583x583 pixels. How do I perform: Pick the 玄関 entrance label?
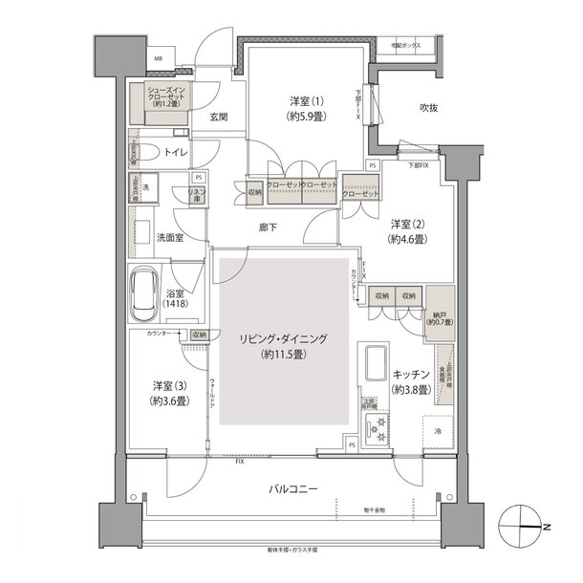click(218, 118)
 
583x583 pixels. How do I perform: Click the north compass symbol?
click(523, 528)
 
